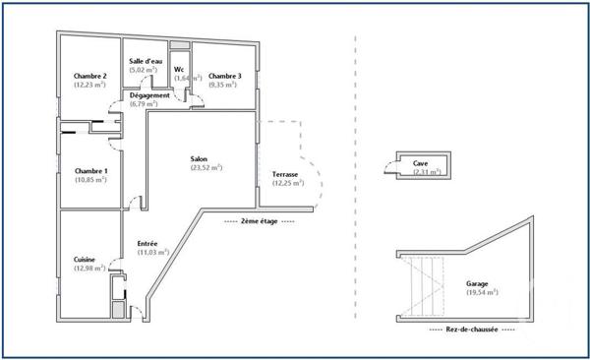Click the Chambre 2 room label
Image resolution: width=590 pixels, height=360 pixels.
click(x=89, y=76)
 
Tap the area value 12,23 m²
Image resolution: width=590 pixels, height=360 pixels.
click(x=89, y=86)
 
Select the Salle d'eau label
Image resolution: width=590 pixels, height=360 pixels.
click(x=146, y=61)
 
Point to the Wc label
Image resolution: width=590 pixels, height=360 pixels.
click(x=179, y=69)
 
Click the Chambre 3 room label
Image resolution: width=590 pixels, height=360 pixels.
click(x=225, y=76)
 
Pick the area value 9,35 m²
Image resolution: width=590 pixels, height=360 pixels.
click(x=224, y=86)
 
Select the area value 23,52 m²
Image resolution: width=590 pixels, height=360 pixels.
click(x=206, y=167)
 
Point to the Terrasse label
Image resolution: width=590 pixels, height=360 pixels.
click(x=285, y=174)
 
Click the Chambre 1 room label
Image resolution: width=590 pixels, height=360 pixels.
click(x=91, y=172)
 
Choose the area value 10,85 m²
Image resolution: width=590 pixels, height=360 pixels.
click(x=91, y=182)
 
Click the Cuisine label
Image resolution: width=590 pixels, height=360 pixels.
click(x=85, y=260)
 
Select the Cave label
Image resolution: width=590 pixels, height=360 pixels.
click(x=420, y=163)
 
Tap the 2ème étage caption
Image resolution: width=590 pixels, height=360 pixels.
click(x=259, y=222)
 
